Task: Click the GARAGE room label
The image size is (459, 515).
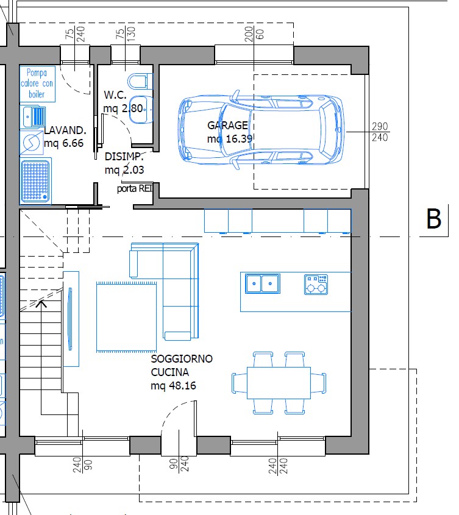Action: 227,125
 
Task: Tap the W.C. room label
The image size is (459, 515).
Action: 115,95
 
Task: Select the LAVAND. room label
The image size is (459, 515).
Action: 65,130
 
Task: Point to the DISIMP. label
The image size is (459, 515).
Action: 124,157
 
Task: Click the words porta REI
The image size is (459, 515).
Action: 135,188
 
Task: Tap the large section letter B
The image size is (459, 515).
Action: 433,218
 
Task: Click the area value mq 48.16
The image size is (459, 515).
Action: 173,385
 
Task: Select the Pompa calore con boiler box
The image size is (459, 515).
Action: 37,83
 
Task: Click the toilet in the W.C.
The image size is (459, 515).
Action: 140,81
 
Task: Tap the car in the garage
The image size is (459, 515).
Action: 262,130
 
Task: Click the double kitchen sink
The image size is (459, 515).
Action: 263,283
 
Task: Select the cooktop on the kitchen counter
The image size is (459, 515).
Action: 316,285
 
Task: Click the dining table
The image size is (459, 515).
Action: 279,383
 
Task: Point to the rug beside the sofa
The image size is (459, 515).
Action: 127,317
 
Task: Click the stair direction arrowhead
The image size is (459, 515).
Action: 41,304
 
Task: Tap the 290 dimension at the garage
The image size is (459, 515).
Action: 380,126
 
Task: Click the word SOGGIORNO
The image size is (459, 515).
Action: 182,358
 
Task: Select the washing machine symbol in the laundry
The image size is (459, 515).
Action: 31,142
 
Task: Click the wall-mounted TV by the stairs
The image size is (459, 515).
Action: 70,319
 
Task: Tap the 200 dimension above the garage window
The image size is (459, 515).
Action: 249,34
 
